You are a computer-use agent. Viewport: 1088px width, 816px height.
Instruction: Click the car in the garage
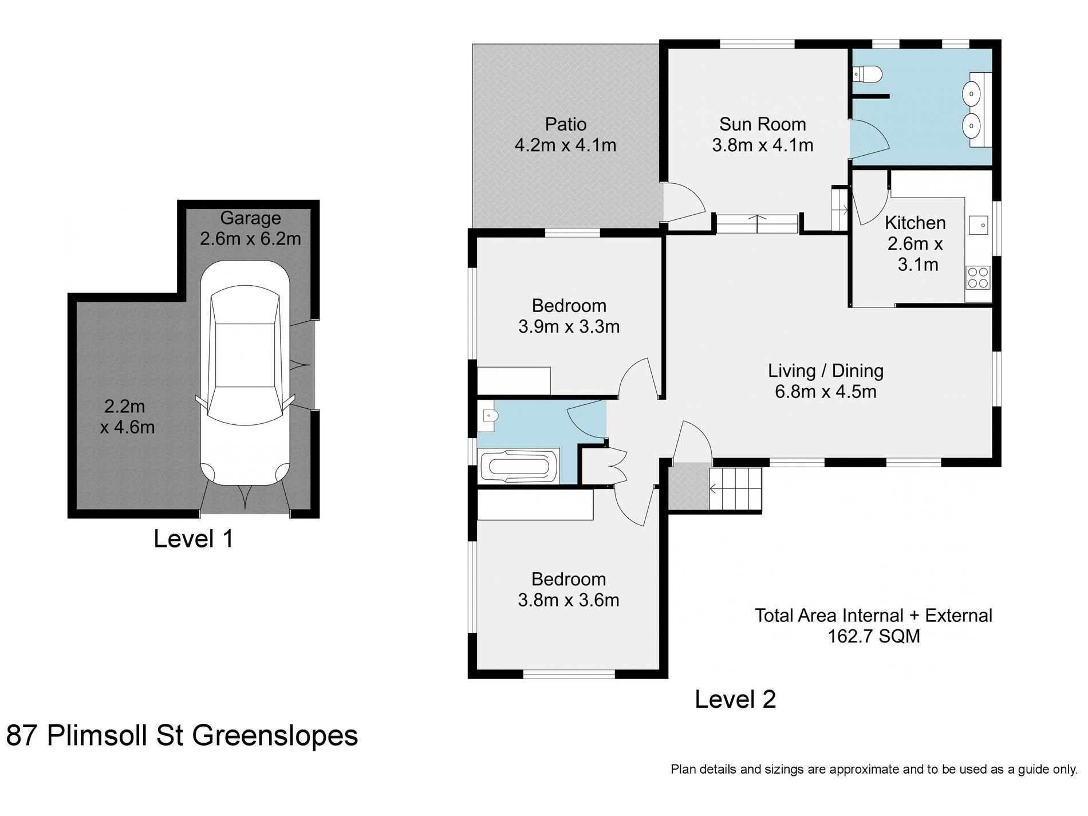coord(245,373)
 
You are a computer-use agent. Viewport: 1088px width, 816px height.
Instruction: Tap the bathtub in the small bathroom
coord(519,466)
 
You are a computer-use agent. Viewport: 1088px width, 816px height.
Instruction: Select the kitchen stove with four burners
coord(978,277)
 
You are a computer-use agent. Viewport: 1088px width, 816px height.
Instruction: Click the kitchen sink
coord(979,226)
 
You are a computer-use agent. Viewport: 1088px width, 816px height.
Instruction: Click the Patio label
coord(566,124)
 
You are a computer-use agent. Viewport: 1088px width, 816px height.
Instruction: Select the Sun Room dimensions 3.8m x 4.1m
coord(763,145)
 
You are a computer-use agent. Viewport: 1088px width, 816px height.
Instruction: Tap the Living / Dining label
coord(826,371)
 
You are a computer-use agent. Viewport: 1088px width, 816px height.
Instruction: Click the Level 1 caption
coord(194,539)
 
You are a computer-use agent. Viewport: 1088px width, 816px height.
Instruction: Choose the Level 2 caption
coord(735,699)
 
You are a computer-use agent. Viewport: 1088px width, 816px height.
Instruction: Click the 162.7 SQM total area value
coord(874,636)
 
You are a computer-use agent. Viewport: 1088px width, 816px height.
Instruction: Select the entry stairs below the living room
coord(735,489)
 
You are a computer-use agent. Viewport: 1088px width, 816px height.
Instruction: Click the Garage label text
coord(251,218)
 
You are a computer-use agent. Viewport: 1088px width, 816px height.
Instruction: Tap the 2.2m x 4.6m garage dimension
coord(127,417)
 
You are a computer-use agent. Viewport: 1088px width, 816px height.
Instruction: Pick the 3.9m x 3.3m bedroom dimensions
coord(569,327)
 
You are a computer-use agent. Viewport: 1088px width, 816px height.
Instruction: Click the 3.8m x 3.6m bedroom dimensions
coord(569,600)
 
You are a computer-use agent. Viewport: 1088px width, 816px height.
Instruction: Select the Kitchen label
coord(915,223)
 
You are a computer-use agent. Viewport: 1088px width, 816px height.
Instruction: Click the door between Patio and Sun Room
coord(684,202)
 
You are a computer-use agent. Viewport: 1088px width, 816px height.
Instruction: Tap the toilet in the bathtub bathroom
coord(488,420)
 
